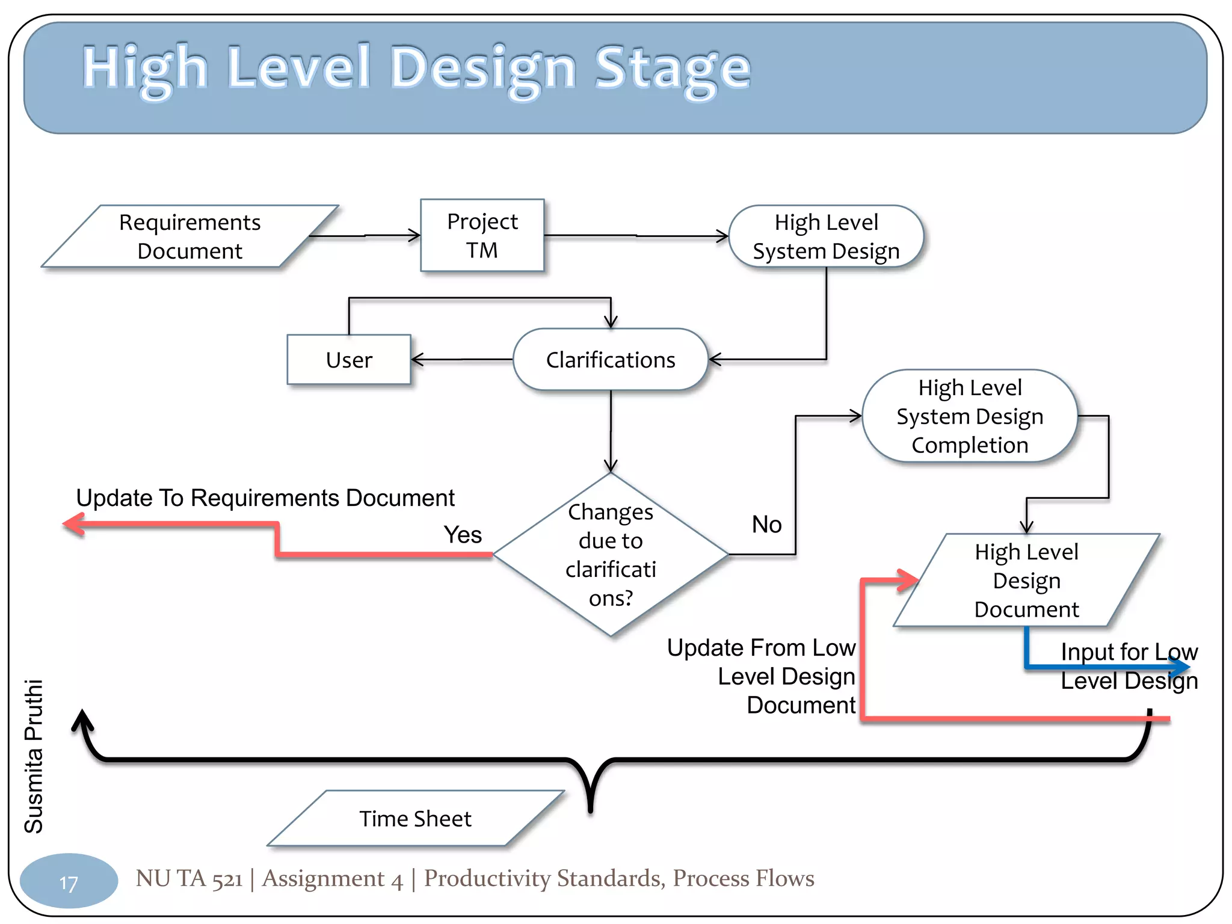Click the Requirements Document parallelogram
pyautogui.click(x=189, y=236)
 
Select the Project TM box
pyautogui.click(x=482, y=235)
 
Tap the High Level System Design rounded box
pyautogui.click(x=826, y=236)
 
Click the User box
pyautogui.click(x=349, y=360)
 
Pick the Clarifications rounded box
pyautogui.click(x=610, y=360)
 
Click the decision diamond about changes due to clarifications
pyautogui.click(x=610, y=554)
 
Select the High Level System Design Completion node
pyautogui.click(x=969, y=416)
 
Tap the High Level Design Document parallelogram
pyautogui.click(x=1026, y=581)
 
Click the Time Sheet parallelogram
pyautogui.click(x=415, y=819)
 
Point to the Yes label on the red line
pyautogui.click(x=463, y=535)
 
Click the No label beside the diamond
pyautogui.click(x=766, y=525)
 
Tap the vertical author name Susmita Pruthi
pyautogui.click(x=34, y=756)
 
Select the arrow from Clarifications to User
pyautogui.click(x=462, y=360)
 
